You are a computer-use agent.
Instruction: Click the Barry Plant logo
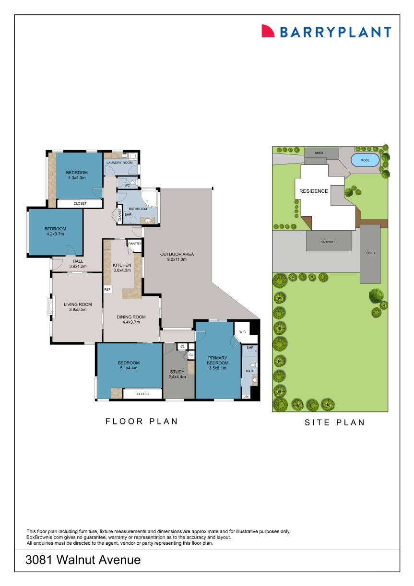(326, 32)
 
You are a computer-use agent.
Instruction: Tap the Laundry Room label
(119, 163)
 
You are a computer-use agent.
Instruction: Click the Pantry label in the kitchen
(134, 244)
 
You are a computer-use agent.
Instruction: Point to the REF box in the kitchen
(107, 290)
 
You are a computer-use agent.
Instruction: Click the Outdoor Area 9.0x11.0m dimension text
(177, 259)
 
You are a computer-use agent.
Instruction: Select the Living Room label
(78, 305)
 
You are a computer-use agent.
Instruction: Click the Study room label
(177, 372)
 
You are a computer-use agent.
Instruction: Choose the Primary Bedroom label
(218, 360)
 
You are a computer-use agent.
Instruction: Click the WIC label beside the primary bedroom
(242, 331)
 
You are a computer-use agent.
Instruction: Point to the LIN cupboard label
(246, 397)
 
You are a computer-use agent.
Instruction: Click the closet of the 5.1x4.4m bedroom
(142, 394)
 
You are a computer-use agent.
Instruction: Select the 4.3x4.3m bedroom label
(77, 173)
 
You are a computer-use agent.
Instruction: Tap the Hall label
(78, 261)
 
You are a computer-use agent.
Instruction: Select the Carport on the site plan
(329, 242)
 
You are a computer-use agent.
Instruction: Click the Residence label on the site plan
(314, 191)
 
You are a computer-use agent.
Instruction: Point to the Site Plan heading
(335, 422)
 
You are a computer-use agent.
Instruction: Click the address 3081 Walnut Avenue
(83, 560)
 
